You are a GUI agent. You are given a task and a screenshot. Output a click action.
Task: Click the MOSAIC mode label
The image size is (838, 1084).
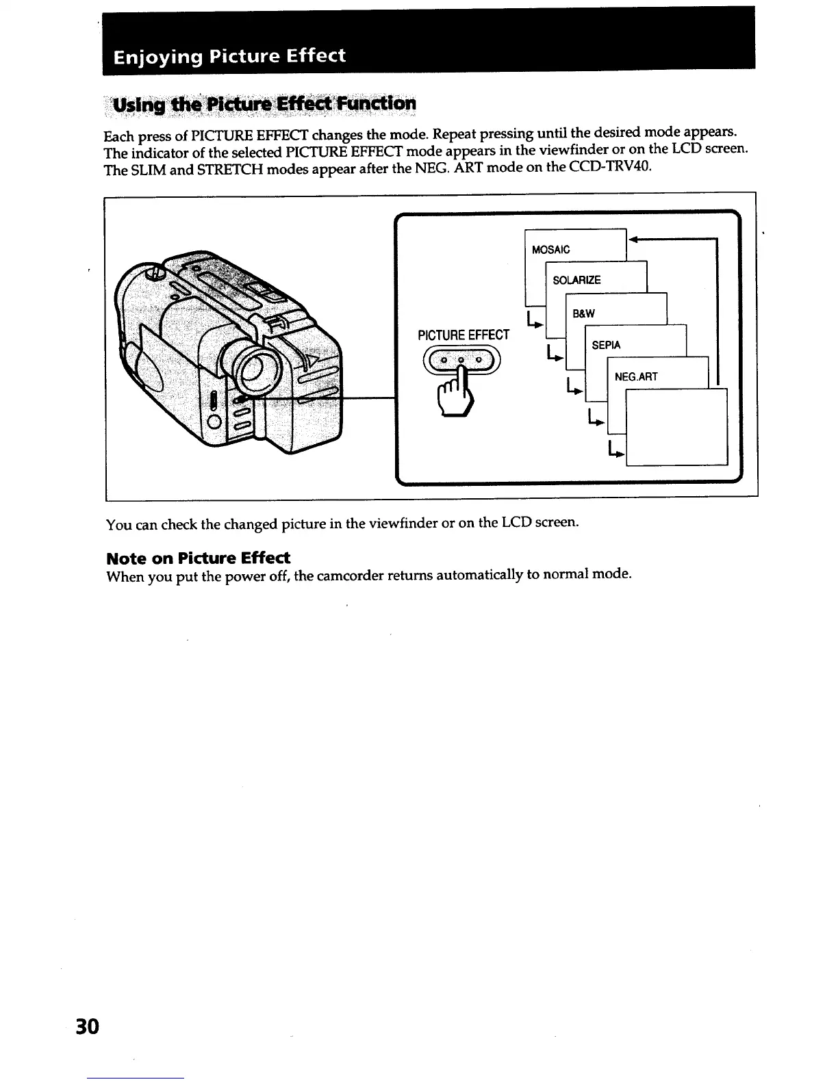[550, 250]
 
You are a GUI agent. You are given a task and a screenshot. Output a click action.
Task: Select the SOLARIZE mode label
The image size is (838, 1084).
[576, 281]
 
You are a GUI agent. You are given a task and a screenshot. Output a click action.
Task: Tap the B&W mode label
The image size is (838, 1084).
[583, 313]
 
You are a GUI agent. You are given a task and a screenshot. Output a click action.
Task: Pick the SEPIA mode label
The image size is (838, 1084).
[606, 345]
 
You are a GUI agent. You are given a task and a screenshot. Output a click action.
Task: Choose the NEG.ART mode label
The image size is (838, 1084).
[636, 376]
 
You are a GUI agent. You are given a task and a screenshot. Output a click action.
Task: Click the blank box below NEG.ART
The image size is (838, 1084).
[676, 427]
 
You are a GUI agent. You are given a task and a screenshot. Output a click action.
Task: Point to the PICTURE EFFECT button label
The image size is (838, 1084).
[464, 335]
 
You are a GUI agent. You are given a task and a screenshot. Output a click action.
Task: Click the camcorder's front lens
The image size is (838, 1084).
[250, 367]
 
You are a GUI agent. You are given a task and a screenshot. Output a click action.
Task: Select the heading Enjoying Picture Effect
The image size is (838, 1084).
[229, 55]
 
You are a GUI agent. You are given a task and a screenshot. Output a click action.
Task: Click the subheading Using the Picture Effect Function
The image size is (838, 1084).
[264, 104]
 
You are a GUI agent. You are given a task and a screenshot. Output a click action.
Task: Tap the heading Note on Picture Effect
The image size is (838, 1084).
[199, 557]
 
